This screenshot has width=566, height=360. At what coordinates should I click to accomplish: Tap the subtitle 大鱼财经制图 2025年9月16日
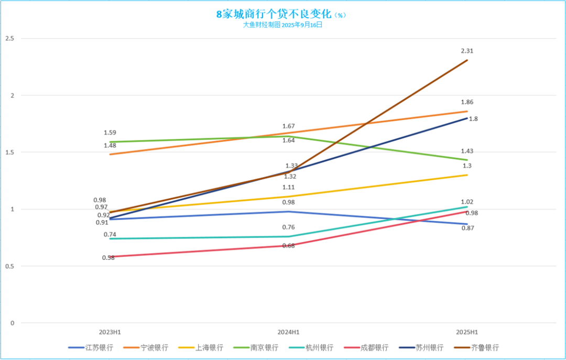pyautogui.click(x=282, y=25)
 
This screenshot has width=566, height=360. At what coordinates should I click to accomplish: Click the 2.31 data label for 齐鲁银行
pyautogui.click(x=467, y=51)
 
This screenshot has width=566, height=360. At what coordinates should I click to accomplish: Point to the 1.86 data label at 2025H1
pyautogui.click(x=467, y=102)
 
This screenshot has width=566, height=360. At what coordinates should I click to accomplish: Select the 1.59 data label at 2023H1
pyautogui.click(x=110, y=133)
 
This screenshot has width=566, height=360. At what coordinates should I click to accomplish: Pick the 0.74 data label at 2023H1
pyautogui.click(x=110, y=235)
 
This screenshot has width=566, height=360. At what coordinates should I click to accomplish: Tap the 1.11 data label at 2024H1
pyautogui.click(x=288, y=188)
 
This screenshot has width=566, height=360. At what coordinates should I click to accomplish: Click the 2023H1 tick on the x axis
pyautogui.click(x=110, y=332)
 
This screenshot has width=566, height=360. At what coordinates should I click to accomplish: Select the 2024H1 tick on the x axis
pyautogui.click(x=288, y=332)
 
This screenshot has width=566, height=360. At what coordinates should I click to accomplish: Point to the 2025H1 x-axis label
pyautogui.click(x=467, y=332)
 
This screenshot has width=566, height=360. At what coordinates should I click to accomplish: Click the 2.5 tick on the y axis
pyautogui.click(x=9, y=39)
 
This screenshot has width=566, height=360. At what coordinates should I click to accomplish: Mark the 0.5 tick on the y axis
pyautogui.click(x=9, y=266)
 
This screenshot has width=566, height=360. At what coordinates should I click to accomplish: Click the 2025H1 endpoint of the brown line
pyautogui.click(x=467, y=60)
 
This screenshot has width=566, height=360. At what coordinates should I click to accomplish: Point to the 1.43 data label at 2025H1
pyautogui.click(x=467, y=151)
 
